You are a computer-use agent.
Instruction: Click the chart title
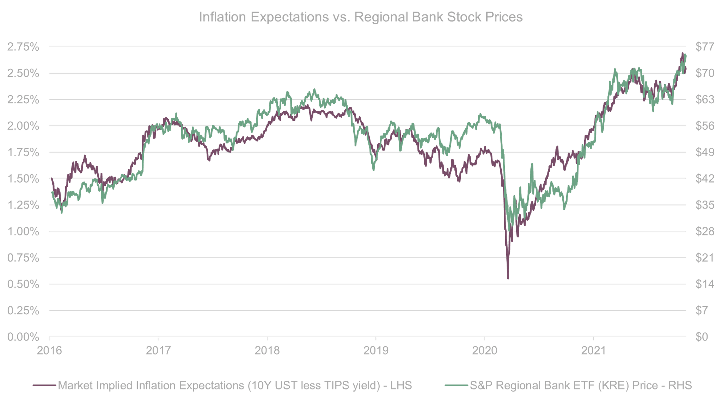361,17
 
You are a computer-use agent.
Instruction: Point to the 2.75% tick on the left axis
23,47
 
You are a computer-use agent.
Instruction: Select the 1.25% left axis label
23,205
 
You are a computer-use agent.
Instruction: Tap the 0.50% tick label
23,284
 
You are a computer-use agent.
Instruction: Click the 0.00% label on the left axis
23,337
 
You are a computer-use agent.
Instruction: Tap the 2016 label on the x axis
50,351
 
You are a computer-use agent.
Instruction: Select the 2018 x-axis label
268,351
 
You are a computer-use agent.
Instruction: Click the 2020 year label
485,351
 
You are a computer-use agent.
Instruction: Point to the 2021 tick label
593,351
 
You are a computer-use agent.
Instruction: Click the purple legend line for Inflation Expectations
44,386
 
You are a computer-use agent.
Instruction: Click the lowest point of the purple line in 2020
508,279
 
